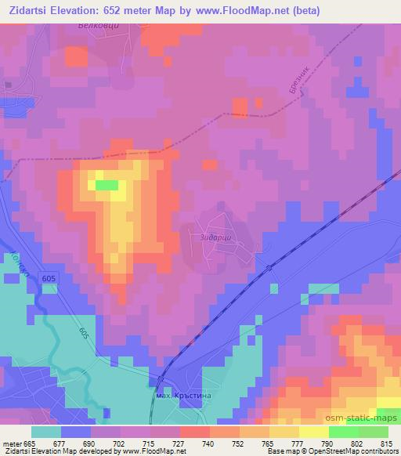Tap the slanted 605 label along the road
84,333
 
